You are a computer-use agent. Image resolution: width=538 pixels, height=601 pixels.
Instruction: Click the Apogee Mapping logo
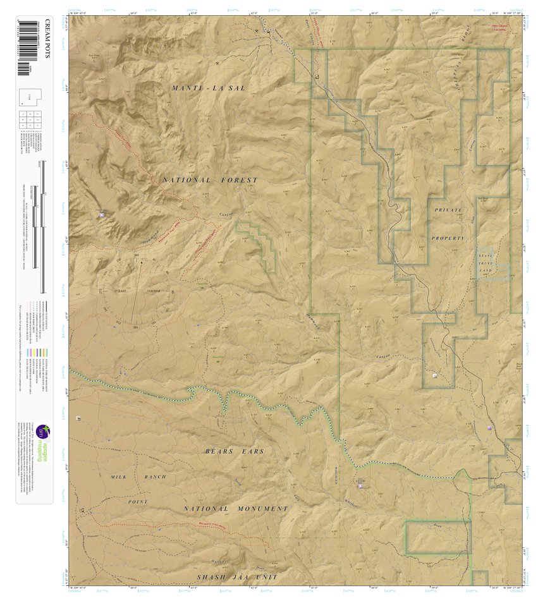[x=42, y=443]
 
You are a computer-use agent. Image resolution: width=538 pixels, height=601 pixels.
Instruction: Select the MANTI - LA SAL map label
[x=208, y=88]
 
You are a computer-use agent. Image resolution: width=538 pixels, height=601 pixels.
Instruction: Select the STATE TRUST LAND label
[x=485, y=263]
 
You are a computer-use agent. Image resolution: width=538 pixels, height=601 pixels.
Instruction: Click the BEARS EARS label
[x=235, y=451]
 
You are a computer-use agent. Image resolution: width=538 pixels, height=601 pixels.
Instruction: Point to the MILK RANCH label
[x=138, y=477]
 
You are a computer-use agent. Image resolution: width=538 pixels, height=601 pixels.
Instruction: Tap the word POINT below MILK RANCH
[x=138, y=502]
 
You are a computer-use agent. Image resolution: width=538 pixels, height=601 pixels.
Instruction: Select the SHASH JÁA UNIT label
[x=236, y=578]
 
